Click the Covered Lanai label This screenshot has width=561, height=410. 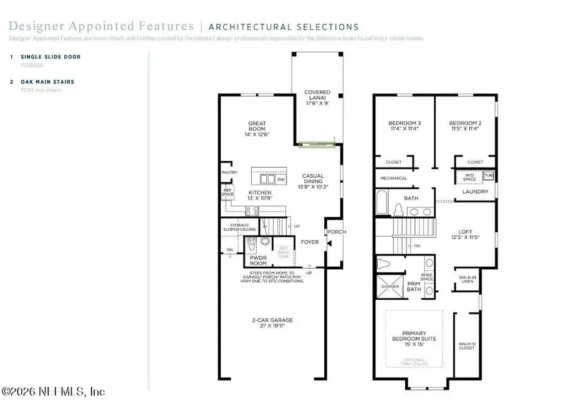point(317,98)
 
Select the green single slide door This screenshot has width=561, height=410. point(317,145)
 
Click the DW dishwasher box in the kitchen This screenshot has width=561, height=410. point(280,179)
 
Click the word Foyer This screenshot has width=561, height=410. point(309,242)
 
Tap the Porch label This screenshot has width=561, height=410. point(337,232)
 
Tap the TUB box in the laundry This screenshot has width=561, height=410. point(489,176)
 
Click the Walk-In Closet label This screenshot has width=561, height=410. point(466,346)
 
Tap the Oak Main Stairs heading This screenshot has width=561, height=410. point(50,82)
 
